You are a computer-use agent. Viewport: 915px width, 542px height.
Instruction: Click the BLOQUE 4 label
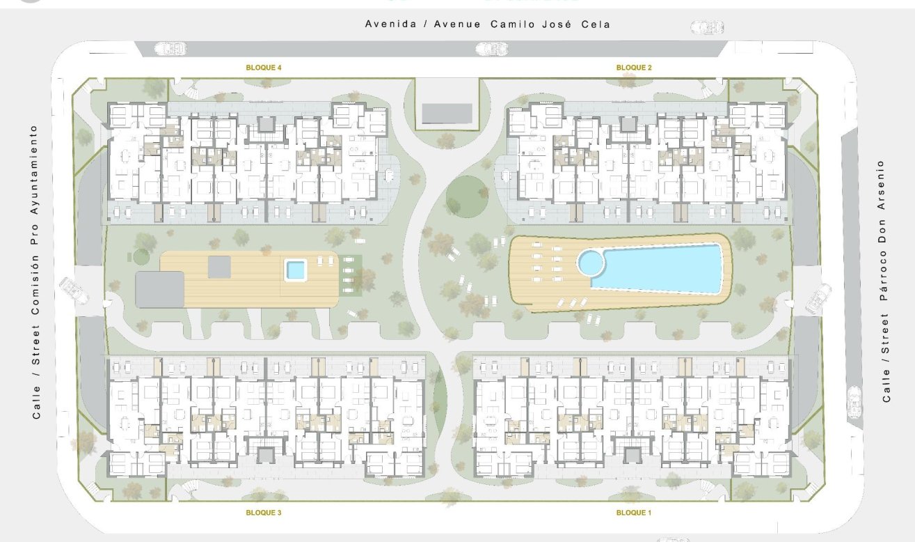[x=264, y=68]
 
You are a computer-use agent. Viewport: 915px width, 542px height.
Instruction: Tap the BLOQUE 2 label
[x=634, y=68]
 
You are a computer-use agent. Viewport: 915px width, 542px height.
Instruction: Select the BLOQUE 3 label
[x=264, y=513]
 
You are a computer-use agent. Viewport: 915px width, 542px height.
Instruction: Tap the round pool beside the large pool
[x=591, y=263]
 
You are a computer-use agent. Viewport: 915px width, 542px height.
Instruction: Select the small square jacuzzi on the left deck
[x=296, y=269]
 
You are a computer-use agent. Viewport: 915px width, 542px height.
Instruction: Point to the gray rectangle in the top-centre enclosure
[x=447, y=111]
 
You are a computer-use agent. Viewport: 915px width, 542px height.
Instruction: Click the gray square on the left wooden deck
[x=219, y=265]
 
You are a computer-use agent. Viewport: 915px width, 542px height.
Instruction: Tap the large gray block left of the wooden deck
[x=159, y=289]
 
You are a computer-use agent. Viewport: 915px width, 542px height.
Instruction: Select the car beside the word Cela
[x=707, y=27]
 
